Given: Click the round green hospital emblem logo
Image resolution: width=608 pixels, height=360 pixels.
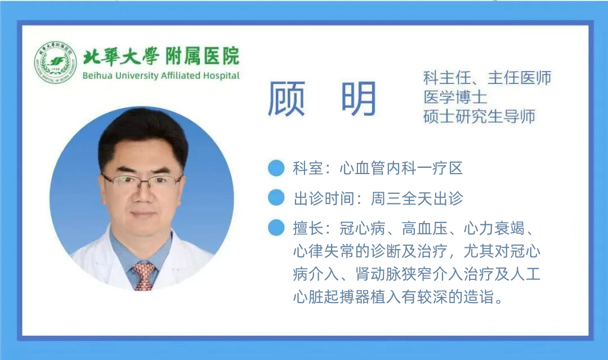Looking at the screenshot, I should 55,63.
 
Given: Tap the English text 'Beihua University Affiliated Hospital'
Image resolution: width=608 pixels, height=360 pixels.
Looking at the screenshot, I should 160,76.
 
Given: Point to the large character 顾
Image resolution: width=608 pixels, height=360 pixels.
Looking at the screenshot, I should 286,99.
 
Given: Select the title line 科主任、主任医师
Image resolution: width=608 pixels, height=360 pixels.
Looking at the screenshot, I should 487,78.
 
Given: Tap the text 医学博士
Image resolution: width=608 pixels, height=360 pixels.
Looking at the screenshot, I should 455,97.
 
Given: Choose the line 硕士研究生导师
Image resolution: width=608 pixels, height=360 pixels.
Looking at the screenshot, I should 479,116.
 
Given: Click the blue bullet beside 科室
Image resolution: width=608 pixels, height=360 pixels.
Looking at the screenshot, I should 276,168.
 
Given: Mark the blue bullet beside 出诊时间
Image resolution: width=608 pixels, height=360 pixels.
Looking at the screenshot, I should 276,198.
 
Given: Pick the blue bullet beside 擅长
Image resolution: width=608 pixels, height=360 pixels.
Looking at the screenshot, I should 276,228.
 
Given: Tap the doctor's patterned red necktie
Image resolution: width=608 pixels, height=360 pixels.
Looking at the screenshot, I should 144,275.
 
